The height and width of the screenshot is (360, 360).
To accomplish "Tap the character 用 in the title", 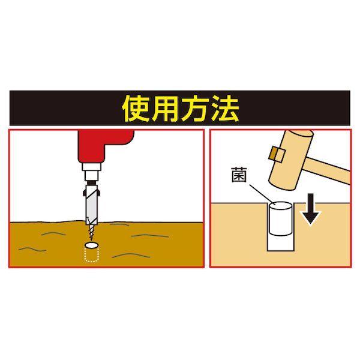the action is (x=166, y=109).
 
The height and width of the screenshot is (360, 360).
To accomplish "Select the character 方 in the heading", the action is (x=194, y=109).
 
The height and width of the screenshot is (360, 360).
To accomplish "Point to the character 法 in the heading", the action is (x=224, y=109).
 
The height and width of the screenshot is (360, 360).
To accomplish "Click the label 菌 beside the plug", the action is (x=239, y=175).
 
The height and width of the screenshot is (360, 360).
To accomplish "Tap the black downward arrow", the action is (x=310, y=208).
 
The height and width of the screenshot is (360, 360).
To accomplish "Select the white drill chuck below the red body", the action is (x=92, y=172).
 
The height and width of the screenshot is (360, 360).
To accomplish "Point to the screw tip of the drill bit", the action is (x=91, y=233).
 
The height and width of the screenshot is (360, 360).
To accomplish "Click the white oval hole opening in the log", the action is (x=91, y=245).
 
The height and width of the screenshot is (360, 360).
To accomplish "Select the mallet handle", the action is (x=328, y=169).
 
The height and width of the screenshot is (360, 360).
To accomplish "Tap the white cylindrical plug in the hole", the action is (x=281, y=219).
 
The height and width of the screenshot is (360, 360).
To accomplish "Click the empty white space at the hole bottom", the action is (x=281, y=244).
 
